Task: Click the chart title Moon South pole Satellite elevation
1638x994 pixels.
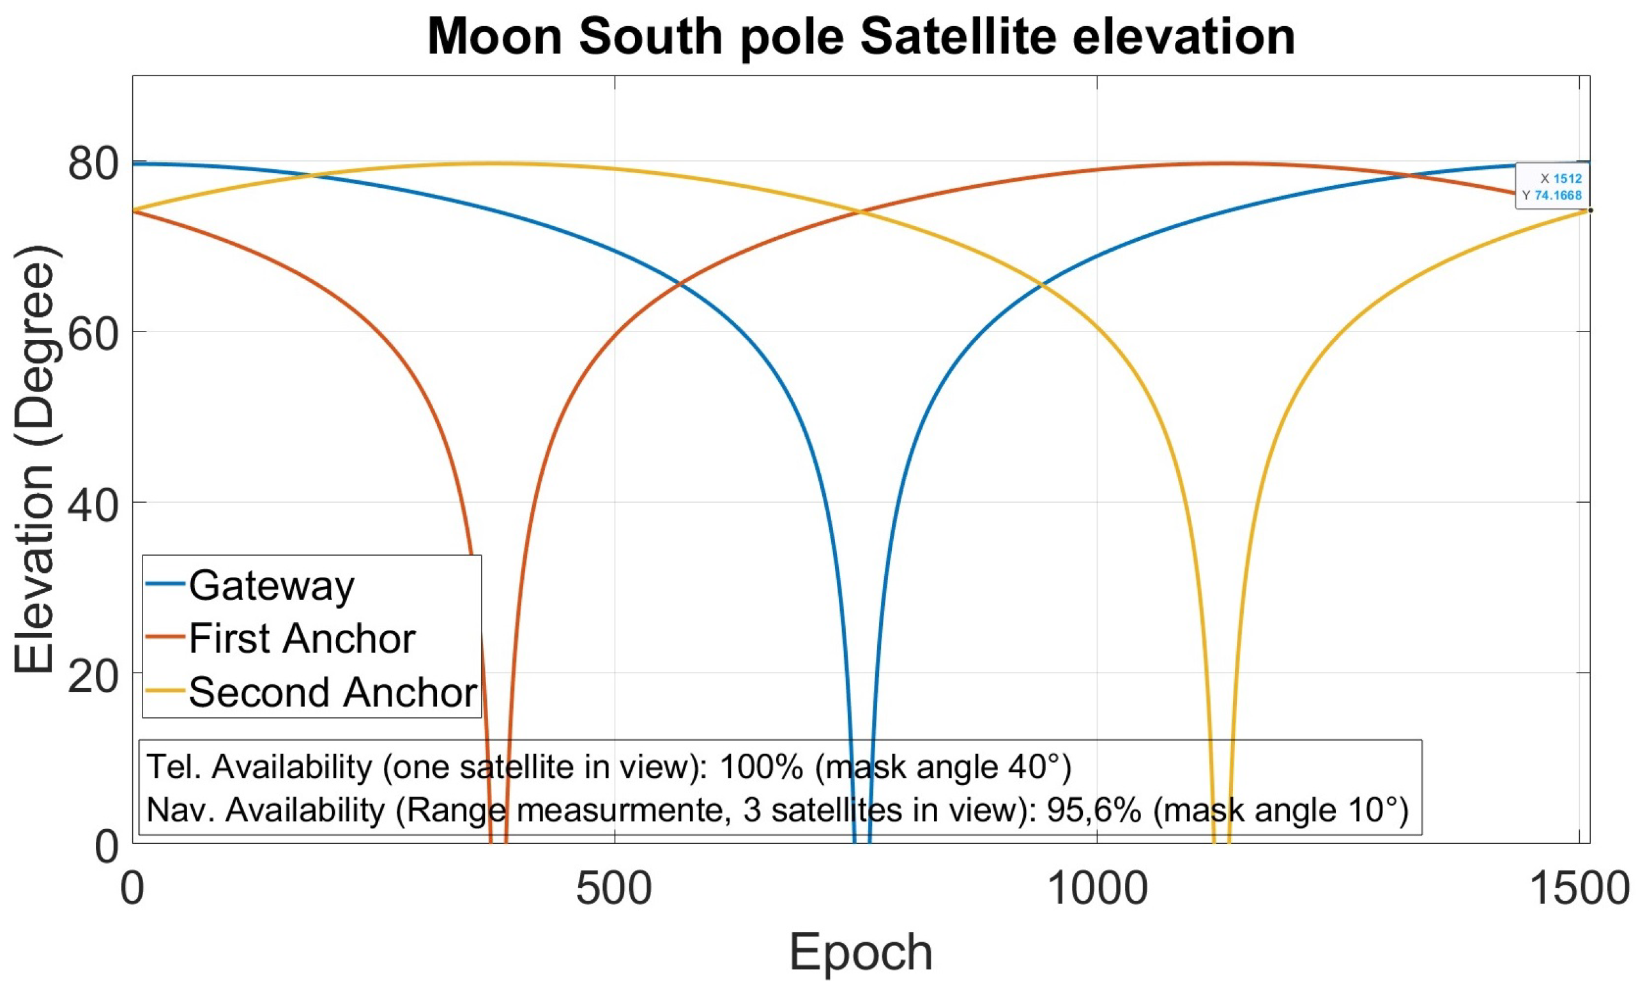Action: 861,36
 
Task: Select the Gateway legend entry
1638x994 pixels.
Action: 271,585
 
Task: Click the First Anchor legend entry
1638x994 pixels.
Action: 301,638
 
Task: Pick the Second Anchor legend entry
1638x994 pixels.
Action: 332,692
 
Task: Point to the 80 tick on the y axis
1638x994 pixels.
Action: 93,164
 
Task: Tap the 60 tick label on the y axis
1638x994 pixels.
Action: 93,332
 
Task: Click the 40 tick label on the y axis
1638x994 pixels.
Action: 93,503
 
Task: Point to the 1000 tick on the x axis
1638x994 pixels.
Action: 1097,889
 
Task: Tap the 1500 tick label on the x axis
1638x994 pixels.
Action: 1579,889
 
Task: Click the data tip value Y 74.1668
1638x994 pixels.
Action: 1558,195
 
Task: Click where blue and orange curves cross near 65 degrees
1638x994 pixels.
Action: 678,284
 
